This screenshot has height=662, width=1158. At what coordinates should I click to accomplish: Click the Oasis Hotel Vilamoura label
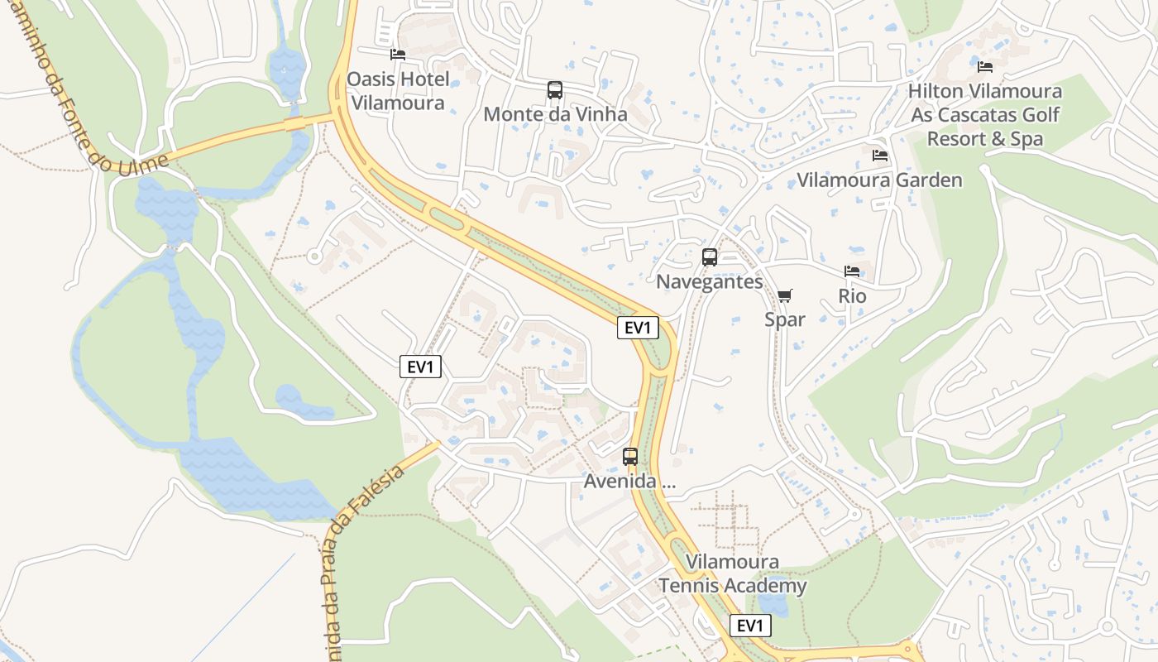[399, 91]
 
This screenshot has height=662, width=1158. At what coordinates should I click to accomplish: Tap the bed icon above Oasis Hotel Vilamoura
[398, 55]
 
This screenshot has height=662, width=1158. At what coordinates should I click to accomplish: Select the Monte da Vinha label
[555, 114]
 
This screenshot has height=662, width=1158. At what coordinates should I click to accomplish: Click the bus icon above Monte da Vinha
[555, 90]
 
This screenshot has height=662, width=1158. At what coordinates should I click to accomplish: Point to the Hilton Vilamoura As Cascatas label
[984, 114]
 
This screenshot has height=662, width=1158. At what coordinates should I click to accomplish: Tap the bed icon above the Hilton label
[984, 66]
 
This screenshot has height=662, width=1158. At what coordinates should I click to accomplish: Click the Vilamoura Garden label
[879, 180]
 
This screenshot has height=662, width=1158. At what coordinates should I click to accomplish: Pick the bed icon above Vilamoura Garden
[879, 155]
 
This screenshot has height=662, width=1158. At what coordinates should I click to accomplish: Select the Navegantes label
[710, 281]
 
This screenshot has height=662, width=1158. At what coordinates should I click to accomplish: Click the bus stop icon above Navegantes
[710, 257]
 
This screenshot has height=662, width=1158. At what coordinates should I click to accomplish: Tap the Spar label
[785, 319]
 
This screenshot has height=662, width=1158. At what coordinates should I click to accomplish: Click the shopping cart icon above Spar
[785, 295]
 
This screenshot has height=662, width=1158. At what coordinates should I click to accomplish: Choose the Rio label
[852, 295]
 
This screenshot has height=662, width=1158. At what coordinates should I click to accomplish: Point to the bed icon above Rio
[852, 271]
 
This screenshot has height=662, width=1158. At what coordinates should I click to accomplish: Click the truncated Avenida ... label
[629, 481]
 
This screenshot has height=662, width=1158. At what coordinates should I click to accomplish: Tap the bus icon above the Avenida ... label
[630, 457]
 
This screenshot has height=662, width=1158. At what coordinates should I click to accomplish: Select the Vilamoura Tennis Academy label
[732, 574]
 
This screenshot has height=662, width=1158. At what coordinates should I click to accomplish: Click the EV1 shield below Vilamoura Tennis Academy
[750, 626]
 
